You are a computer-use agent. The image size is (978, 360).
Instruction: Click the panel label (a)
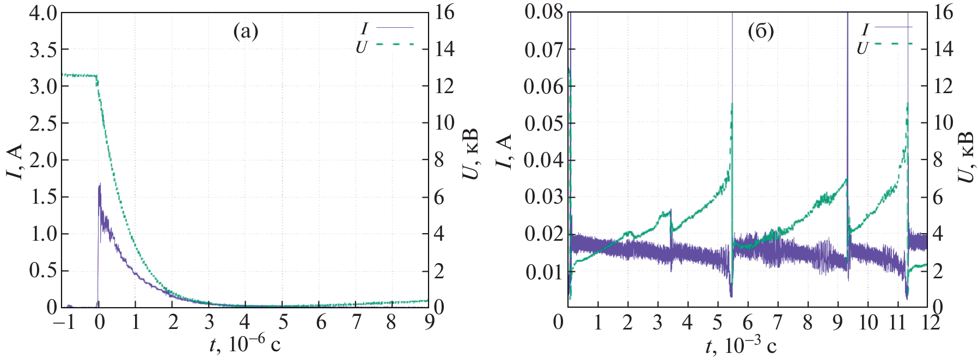pos(246,32)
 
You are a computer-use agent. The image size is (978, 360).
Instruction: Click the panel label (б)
pos(761,32)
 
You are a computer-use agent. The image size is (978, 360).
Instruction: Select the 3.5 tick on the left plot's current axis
pos(43,50)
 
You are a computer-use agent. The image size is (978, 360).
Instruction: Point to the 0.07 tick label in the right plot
pos(543,50)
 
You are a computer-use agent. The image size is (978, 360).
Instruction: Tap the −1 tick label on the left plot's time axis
pos(64,322)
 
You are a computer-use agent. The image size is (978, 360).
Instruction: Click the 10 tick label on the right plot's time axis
pos(868,322)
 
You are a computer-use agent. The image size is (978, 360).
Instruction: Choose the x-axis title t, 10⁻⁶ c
pos(245,345)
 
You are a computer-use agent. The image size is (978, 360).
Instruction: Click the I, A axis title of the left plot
pos(15,162)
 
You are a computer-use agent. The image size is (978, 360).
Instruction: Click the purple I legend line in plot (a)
pos(395,27)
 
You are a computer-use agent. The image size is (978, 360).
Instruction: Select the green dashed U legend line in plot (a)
pos(395,44)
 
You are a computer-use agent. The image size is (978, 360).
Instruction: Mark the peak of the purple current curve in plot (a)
pos(100,184)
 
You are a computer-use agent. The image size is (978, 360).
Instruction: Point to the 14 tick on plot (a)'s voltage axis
pos(444,50)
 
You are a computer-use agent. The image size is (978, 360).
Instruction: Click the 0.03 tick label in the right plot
pos(543,197)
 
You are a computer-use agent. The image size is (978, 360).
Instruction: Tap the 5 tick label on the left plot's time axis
pos(283,322)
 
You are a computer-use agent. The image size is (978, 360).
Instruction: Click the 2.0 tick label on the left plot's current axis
pos(43,160)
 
